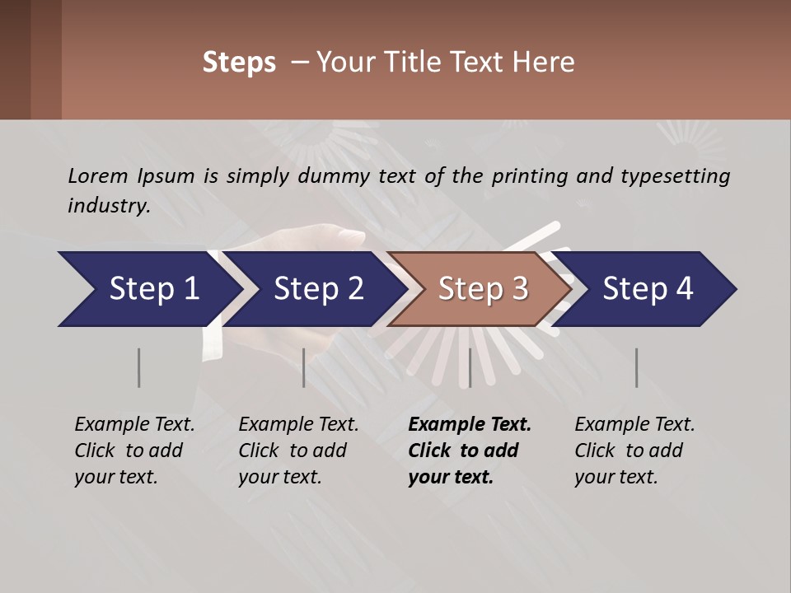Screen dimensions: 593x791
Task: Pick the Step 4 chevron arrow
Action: click(x=646, y=289)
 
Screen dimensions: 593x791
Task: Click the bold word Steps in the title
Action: click(x=239, y=63)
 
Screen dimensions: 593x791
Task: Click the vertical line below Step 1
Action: click(x=138, y=367)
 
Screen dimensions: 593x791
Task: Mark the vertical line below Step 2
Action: click(x=304, y=367)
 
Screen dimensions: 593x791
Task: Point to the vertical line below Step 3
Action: click(x=470, y=367)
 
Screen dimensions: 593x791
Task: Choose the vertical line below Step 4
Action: click(x=636, y=367)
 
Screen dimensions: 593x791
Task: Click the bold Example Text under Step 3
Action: click(x=470, y=451)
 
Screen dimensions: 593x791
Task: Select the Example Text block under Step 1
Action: click(x=134, y=451)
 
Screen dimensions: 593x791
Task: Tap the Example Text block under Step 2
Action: click(x=298, y=451)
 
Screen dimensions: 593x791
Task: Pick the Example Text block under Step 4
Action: click(x=634, y=451)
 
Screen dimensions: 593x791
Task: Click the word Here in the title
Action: click(x=548, y=63)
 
